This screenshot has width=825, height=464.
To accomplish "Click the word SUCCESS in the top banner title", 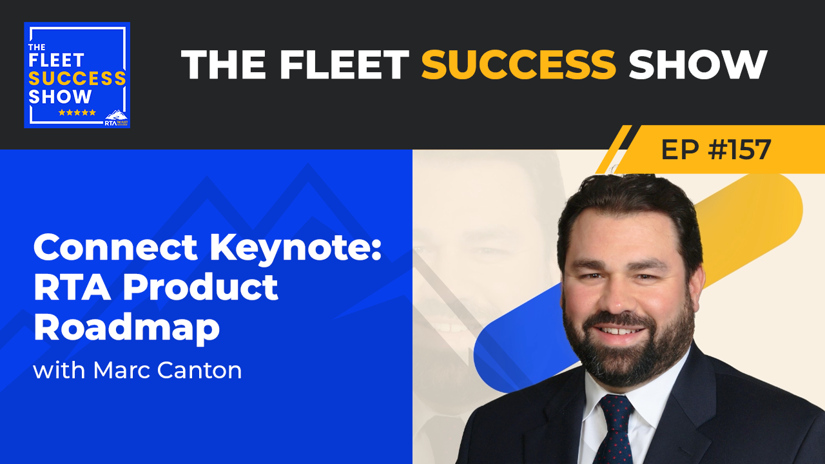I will pos(518,64).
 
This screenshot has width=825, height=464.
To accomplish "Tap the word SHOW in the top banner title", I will pos(697,64).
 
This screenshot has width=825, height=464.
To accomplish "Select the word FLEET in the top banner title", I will pos(345,64).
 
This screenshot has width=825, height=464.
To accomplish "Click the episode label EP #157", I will pos(715,150).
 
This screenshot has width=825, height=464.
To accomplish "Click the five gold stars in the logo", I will pos(77,112).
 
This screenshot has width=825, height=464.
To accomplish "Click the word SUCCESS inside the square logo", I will pos(77,79).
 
